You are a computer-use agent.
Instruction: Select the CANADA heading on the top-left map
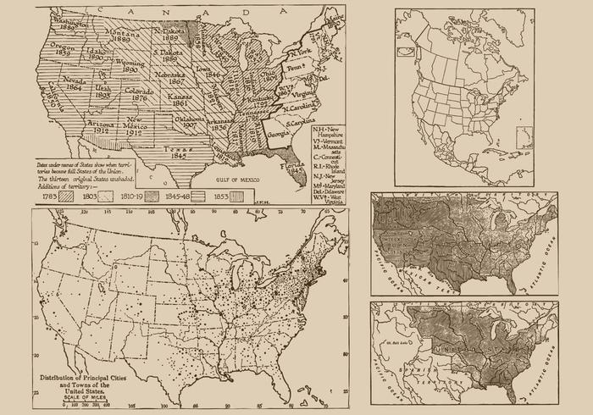[169, 10]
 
